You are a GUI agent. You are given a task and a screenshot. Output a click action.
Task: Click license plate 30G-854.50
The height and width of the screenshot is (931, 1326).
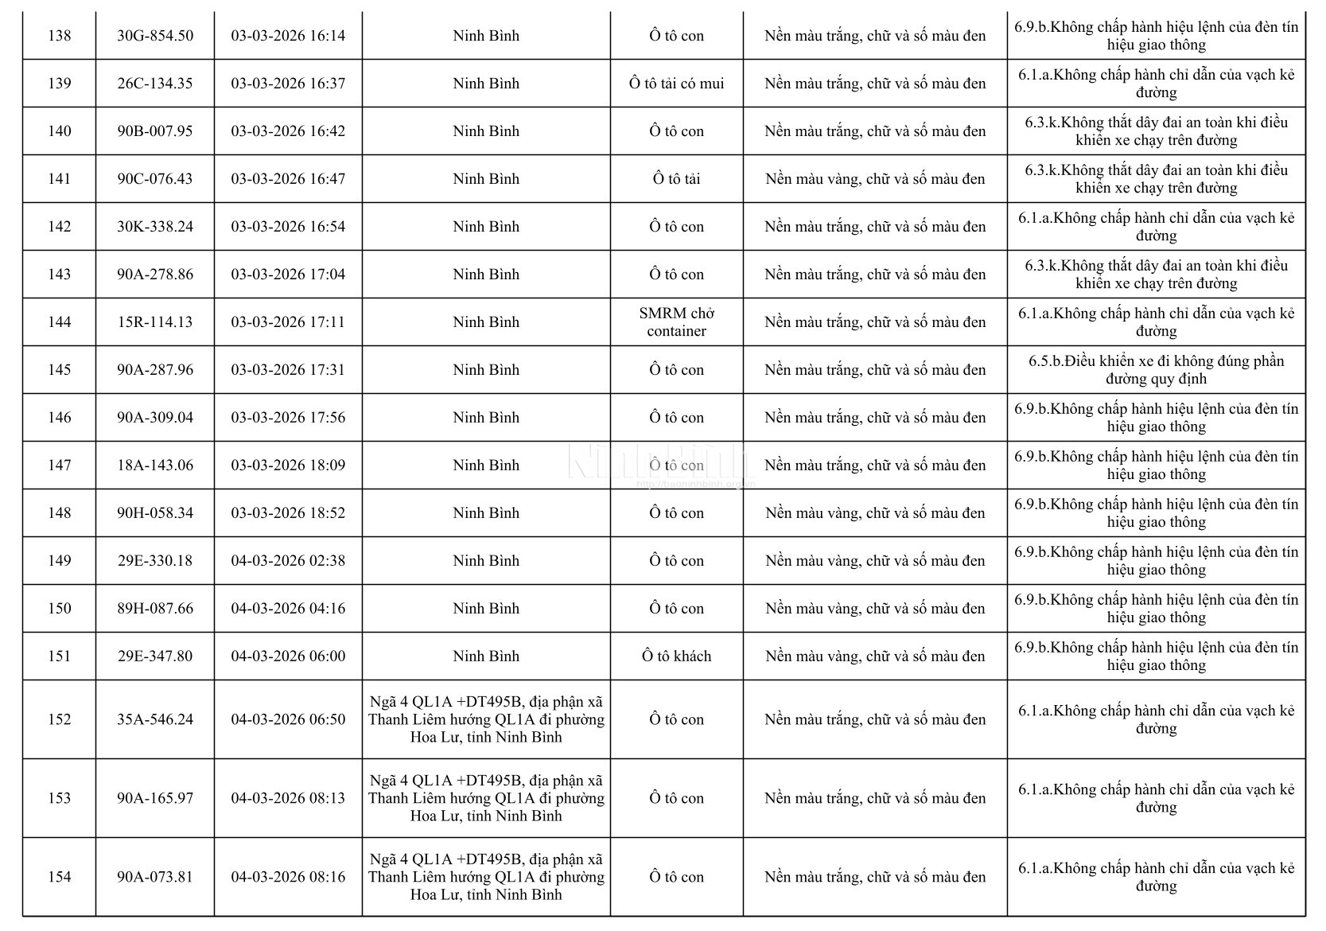click(155, 36)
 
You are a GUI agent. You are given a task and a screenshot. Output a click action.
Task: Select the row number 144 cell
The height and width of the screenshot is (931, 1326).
click(60, 322)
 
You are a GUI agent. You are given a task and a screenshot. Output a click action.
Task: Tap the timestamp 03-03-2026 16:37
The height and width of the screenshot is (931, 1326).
click(288, 84)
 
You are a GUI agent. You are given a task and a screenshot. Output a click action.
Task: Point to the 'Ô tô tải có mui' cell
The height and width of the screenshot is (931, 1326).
click(676, 84)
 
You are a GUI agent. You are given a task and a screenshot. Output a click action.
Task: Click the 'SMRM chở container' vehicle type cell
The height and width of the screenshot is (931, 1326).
click(676, 322)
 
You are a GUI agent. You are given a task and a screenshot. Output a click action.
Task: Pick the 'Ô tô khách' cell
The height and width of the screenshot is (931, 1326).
click(676, 656)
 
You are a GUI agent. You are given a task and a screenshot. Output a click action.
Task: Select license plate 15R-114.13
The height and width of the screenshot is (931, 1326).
click(155, 322)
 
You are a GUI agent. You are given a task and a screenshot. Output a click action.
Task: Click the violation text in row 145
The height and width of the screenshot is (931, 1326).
click(1156, 370)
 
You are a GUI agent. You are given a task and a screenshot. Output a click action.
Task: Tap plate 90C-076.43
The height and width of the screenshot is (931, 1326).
click(155, 179)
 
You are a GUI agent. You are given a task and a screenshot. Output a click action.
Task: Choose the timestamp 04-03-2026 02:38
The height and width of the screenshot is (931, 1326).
click(288, 561)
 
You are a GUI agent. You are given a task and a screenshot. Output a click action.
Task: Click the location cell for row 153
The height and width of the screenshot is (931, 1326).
click(486, 798)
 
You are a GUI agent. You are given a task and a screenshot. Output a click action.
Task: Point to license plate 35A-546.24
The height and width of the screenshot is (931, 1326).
click(155, 719)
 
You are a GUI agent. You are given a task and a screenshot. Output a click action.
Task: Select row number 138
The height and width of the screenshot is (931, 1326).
click(60, 36)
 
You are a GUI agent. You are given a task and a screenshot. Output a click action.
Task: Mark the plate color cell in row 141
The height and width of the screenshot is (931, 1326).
click(875, 179)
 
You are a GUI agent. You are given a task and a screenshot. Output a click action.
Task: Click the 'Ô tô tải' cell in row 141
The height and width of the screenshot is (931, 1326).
click(676, 179)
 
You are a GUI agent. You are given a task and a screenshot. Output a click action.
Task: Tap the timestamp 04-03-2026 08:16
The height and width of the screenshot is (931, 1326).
click(288, 877)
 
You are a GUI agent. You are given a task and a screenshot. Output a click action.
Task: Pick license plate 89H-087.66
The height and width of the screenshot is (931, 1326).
click(155, 609)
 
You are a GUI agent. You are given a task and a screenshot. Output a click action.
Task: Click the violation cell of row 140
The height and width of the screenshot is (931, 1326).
click(1156, 131)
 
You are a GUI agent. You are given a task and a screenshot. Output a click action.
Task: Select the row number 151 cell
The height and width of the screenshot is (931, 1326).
click(60, 656)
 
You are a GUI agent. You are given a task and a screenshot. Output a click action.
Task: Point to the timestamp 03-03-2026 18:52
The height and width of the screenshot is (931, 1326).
click(288, 513)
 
